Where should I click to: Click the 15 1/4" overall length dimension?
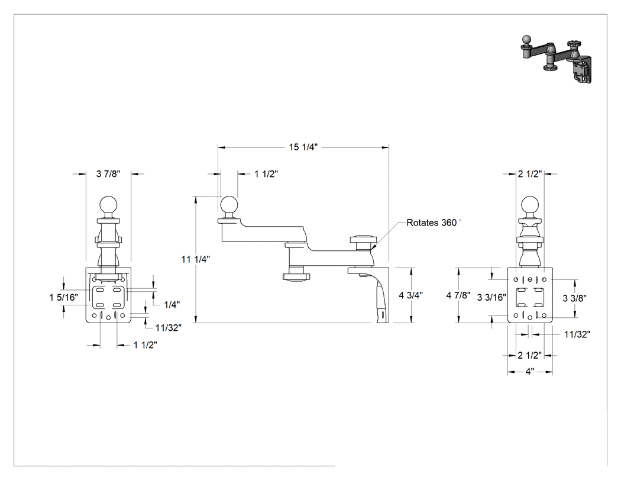[x=303, y=147]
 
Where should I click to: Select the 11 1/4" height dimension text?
[x=196, y=259]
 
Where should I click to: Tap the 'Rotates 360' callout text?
[x=432, y=223]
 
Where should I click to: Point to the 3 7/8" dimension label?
[x=108, y=173]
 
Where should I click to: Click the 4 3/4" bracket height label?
[x=410, y=295]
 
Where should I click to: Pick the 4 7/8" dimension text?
[x=458, y=295]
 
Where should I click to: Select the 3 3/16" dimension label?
[x=491, y=297]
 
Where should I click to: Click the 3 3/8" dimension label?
[x=575, y=298]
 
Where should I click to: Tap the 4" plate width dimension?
[x=530, y=372]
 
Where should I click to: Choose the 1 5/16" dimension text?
[x=64, y=297]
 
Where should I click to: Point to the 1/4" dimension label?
[x=172, y=304]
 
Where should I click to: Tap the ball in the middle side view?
[x=228, y=205]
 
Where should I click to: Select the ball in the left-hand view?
[x=108, y=205]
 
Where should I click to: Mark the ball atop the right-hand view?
[x=530, y=205]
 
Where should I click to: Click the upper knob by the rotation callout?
[x=362, y=239]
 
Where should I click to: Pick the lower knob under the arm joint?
[x=295, y=276]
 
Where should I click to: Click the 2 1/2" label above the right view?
[x=530, y=173]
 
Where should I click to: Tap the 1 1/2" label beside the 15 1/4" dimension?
[x=266, y=173]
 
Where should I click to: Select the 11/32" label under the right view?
[x=577, y=334]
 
